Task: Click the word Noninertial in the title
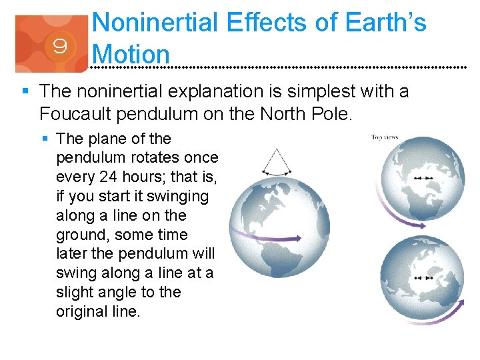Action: pyautogui.click(x=155, y=23)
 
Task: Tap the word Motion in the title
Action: pyautogui.click(x=132, y=53)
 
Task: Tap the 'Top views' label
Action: pyautogui.click(x=385, y=137)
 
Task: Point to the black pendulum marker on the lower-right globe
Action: pyautogui.click(x=422, y=277)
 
